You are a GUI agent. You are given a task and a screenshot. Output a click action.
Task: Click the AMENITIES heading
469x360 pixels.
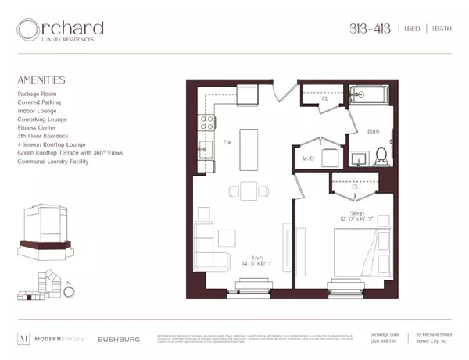point(40,80)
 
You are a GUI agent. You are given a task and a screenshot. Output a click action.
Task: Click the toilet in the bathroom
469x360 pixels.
point(381,156)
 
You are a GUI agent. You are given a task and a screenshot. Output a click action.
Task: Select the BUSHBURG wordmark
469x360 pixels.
point(118,340)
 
